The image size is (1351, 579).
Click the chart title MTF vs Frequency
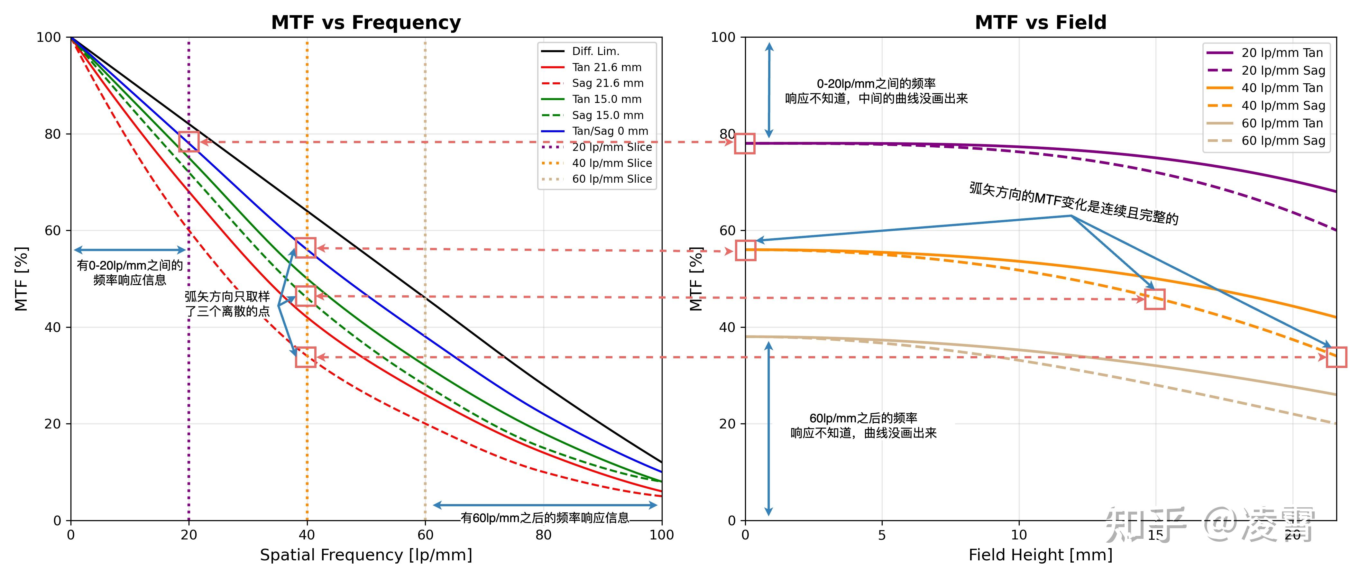366,23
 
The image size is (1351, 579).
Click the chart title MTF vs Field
1041,23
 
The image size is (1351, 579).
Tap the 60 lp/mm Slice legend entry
596,179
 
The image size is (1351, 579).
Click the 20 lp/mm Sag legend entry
1265,70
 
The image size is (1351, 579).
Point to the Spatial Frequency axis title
366,555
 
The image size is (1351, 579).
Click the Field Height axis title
1041,555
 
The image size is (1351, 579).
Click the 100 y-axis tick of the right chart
723,37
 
